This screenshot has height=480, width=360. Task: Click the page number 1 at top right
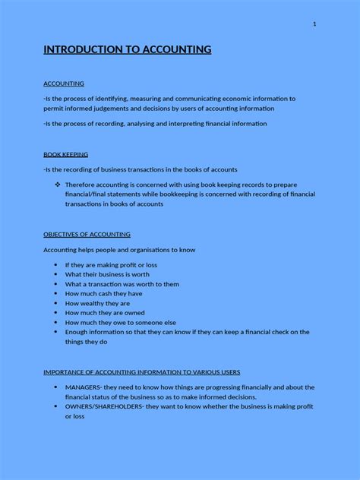(314, 24)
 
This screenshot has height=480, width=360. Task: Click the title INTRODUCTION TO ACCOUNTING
(128, 50)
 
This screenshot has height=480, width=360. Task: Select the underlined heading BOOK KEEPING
(65, 154)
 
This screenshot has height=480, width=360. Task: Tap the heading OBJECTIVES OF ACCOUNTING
(87, 234)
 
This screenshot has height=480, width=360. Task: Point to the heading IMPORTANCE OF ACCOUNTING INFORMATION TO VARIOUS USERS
(141, 372)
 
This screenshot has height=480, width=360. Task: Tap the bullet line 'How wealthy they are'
(97, 303)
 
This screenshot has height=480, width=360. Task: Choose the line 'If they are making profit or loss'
(111, 264)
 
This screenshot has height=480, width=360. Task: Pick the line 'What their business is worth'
(106, 274)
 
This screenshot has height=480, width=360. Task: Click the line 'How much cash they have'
(103, 293)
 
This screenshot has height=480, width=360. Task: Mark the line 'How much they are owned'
(105, 312)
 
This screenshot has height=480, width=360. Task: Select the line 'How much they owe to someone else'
(120, 322)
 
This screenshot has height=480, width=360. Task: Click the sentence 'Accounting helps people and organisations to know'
(119, 249)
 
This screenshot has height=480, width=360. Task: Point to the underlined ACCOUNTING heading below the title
(64, 84)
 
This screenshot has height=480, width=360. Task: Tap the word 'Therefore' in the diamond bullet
(82, 185)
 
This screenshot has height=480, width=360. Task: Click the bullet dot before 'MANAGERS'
(56, 387)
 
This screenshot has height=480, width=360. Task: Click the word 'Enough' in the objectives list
(77, 332)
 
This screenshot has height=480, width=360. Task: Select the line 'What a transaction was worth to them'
(122, 284)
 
